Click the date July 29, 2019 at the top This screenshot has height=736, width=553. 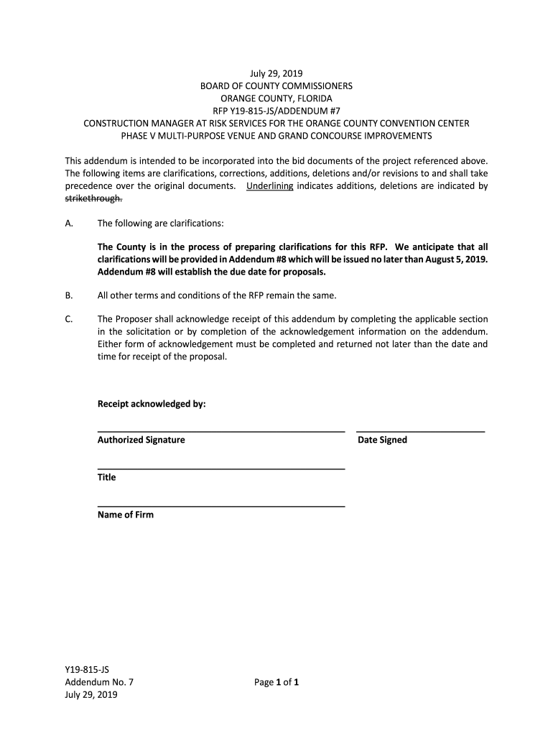(x=276, y=73)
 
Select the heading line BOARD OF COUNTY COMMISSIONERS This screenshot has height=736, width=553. (x=276, y=86)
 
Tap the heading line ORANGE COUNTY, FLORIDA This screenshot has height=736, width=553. (x=276, y=98)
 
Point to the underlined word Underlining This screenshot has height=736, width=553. (x=269, y=186)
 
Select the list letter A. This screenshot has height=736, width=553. (x=69, y=224)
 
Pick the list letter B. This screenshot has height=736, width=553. (x=69, y=295)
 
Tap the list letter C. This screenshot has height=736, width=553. (x=69, y=319)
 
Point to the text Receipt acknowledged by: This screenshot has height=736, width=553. (x=152, y=404)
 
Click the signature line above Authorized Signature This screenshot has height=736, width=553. (x=220, y=431)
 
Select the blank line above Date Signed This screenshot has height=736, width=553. (x=421, y=431)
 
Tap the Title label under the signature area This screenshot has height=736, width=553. (x=106, y=477)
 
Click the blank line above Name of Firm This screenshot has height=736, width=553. (x=220, y=507)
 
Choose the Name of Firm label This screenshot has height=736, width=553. (x=125, y=515)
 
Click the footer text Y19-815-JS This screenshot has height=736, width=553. (x=87, y=670)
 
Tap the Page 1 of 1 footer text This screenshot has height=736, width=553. (x=276, y=683)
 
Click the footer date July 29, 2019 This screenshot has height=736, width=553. (x=91, y=695)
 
